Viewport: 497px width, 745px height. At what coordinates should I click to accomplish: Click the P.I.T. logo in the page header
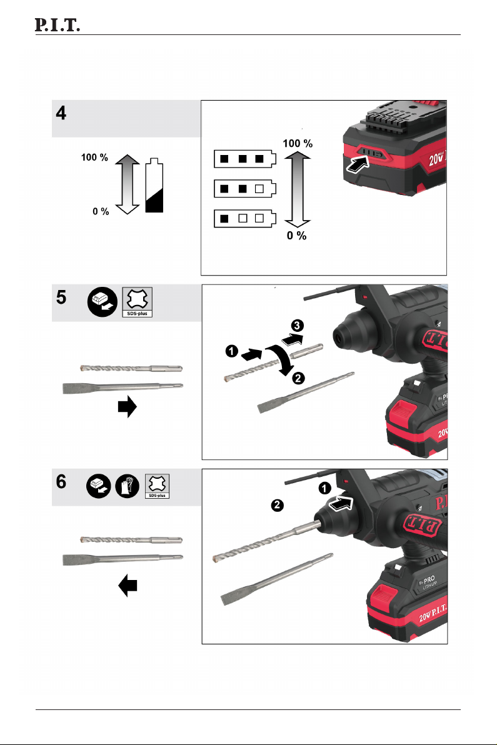(x=57, y=25)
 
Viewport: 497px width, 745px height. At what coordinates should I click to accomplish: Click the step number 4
(x=61, y=113)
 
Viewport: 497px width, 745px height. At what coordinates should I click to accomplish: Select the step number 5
(x=61, y=297)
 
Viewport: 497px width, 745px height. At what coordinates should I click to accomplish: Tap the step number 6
(x=61, y=482)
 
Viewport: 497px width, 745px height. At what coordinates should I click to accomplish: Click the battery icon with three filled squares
(x=244, y=159)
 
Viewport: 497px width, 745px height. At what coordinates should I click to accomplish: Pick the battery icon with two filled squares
(x=244, y=189)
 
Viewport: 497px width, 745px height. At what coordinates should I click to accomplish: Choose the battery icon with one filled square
(x=244, y=219)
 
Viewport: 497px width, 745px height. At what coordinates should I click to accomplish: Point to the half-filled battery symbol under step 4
(x=154, y=185)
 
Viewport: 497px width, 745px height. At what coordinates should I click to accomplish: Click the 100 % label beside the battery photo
(x=298, y=144)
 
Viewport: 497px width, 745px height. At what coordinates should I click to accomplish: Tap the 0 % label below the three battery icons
(x=296, y=236)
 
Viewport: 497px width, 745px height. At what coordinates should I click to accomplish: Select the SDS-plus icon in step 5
(x=138, y=302)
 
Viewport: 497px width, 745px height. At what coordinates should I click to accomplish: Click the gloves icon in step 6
(x=128, y=486)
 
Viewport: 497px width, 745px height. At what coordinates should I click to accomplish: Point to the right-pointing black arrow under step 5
(x=128, y=407)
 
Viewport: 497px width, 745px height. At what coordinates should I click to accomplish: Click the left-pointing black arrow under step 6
(x=128, y=586)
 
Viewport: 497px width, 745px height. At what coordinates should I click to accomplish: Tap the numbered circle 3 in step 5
(x=297, y=326)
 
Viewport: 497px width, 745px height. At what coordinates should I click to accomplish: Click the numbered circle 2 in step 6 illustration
(x=277, y=505)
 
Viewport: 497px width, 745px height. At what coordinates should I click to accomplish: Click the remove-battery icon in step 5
(x=102, y=302)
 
